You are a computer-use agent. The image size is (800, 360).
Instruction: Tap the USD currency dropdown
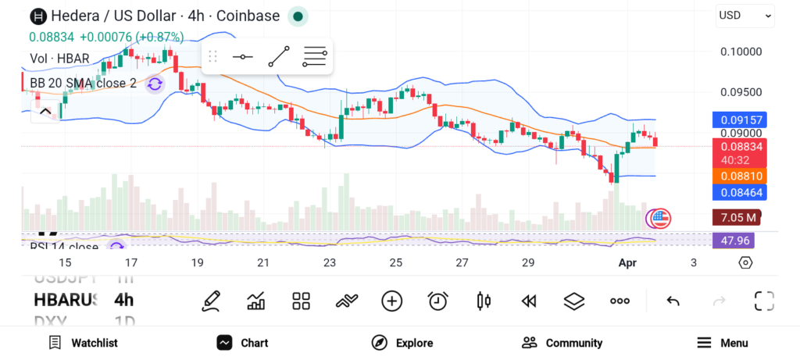(x=745, y=15)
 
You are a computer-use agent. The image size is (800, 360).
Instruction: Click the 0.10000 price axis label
(x=740, y=52)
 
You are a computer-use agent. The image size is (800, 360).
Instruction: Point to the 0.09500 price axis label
(x=740, y=91)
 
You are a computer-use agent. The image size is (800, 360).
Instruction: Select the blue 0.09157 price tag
(x=739, y=120)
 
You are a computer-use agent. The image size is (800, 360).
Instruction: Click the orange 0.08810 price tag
(x=739, y=176)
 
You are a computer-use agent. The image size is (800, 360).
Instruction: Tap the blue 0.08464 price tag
(x=739, y=192)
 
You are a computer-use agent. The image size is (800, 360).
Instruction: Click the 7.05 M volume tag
(x=735, y=217)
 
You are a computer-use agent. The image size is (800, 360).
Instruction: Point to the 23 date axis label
(x=330, y=263)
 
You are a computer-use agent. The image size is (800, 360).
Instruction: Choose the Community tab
(x=562, y=343)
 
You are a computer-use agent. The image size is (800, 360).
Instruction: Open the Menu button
(x=722, y=343)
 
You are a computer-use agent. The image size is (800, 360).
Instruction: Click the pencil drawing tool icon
(x=210, y=301)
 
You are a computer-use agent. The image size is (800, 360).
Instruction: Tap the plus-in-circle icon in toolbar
(x=391, y=301)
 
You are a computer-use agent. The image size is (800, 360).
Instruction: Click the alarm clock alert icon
(x=437, y=301)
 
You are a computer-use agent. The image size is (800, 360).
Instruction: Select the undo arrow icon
(x=672, y=301)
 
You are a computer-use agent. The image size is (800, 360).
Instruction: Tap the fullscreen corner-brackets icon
(x=763, y=301)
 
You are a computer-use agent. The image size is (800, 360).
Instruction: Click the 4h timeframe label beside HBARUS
(x=123, y=300)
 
